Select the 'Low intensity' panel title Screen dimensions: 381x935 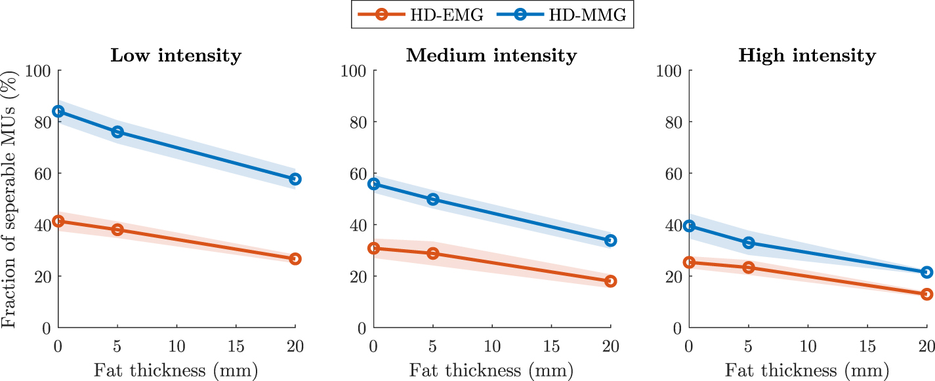pos(176,55)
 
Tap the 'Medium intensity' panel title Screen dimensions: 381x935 pos(491,55)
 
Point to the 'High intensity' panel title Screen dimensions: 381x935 pos(806,55)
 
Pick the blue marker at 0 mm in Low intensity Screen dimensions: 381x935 pos(58,111)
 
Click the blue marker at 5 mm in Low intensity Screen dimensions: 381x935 pos(117,132)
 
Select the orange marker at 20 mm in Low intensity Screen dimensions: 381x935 pos(295,259)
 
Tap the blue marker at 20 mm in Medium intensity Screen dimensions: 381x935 pos(610,241)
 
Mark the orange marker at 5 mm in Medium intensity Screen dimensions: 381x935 pos(433,253)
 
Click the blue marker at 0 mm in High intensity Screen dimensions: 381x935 pos(689,226)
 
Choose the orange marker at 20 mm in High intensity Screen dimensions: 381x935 pos(926,294)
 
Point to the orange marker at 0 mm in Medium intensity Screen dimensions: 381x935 pos(374,248)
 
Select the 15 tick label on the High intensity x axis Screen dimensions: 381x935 pos(866,345)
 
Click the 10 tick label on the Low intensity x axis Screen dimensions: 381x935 pos(177,345)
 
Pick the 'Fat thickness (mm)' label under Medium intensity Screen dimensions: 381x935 pos(491,371)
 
